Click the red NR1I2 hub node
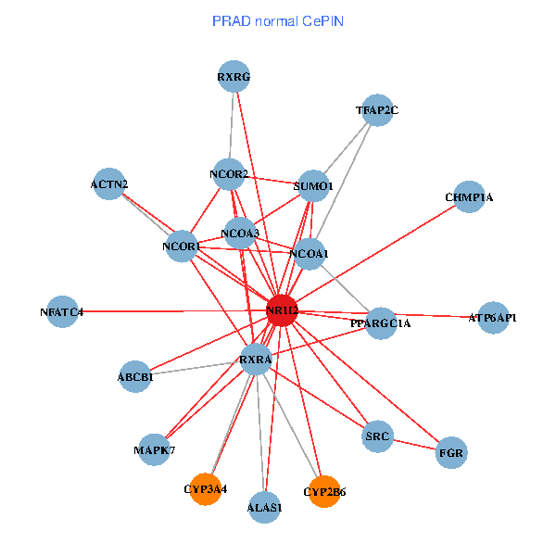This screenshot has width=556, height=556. coord(282,311)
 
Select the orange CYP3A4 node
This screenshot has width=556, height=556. coord(206,488)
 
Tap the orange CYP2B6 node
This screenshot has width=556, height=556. coord(323,492)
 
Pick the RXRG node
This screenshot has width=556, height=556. coord(234,77)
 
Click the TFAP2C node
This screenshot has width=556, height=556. coord(377,111)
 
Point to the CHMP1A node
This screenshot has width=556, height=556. coord(469,197)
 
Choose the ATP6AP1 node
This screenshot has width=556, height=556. coord(492,318)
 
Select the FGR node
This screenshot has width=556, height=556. coord(452,453)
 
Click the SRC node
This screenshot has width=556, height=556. coord(377,436)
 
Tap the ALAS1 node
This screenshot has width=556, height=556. coord(265,507)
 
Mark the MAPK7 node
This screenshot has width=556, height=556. coord(154,450)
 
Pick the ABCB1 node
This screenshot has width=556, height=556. coord(135,376)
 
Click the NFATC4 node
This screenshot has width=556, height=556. coord(62,312)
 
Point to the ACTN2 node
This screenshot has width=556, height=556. coord(109,183)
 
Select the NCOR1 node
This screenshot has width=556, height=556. coord(181,246)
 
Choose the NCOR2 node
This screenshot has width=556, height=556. coord(229,174)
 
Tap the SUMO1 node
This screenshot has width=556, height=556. coord(313,186)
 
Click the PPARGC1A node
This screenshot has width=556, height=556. coord(381,323)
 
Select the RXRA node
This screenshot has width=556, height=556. coord(255,359)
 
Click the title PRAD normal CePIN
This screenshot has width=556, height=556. coord(278,20)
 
